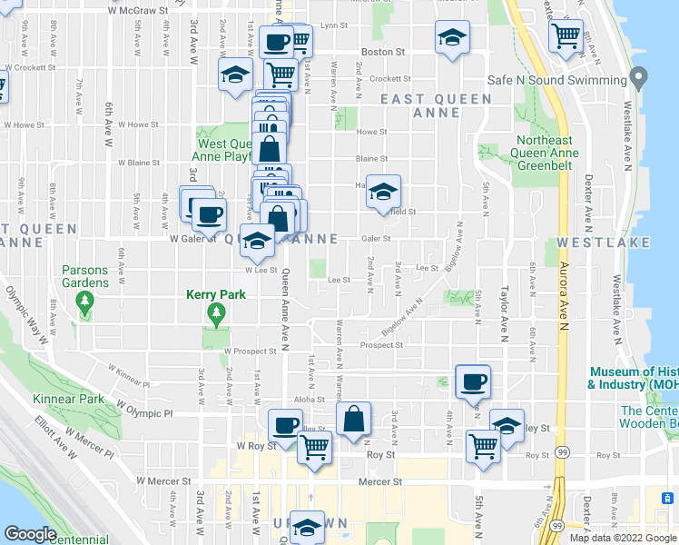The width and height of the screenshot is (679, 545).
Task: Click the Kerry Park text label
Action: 215,294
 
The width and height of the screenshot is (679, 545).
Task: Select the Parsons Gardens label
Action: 85,276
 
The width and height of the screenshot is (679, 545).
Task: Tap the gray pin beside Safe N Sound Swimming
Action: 639,77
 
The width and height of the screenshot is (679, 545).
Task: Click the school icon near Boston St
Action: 452,37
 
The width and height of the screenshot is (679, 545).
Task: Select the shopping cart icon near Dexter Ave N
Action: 566,37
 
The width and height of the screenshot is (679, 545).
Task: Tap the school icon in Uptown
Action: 308,528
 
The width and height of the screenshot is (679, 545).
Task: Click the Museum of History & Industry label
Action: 633,378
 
